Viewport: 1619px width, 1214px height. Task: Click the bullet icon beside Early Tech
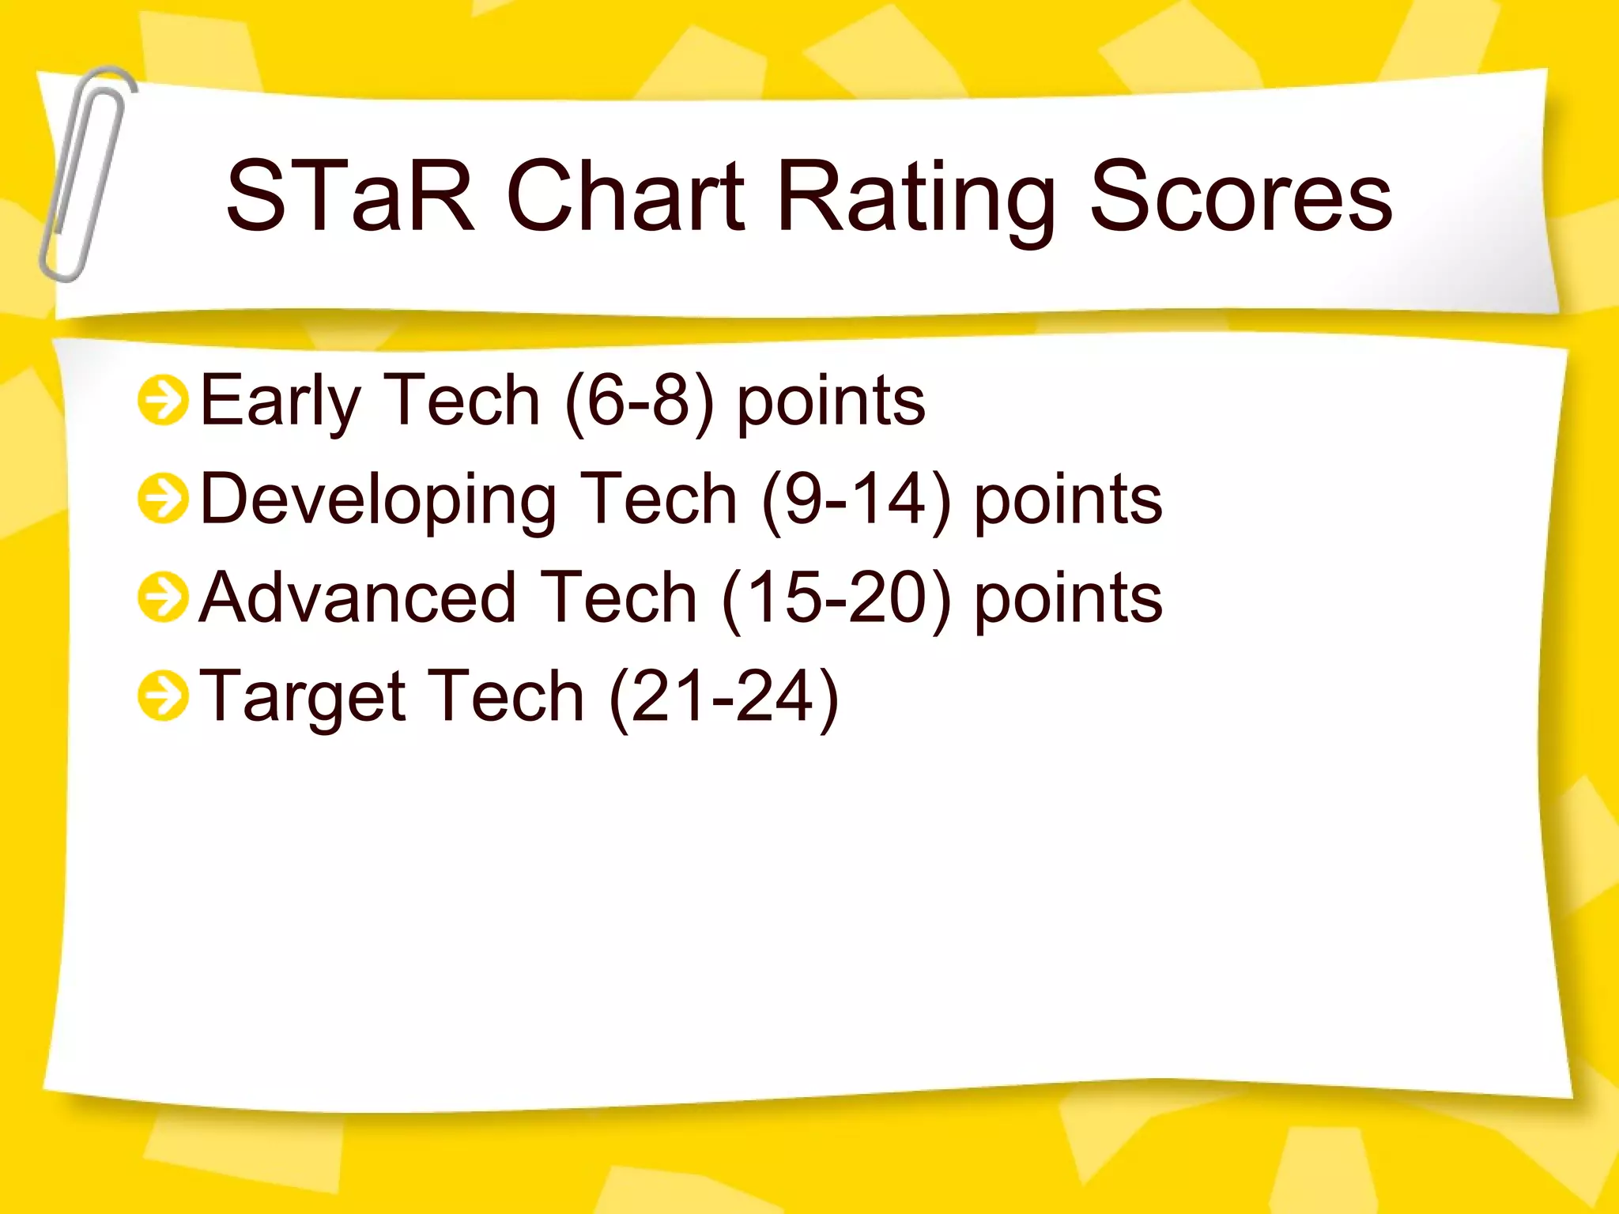point(163,401)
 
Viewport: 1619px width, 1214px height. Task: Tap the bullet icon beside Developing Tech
point(163,499)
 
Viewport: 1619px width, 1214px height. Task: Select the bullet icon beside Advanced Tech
point(163,598)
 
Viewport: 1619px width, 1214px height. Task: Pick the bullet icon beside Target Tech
point(163,696)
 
